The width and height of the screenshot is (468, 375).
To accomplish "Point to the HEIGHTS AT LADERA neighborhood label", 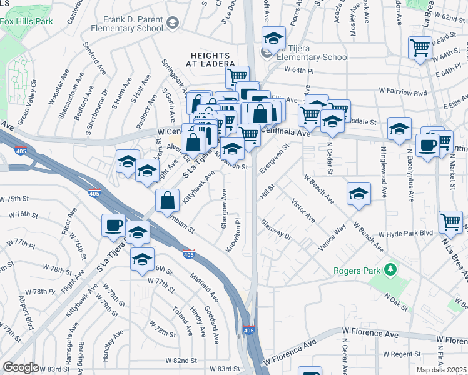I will [x=213, y=59].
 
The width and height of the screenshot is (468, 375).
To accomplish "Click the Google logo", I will [x=21, y=367].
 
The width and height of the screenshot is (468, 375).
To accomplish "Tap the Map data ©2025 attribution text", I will [x=442, y=370].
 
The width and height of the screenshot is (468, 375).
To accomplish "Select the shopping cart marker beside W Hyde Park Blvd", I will [x=450, y=221].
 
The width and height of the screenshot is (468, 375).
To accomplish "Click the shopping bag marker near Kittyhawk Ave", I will [x=168, y=201].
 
